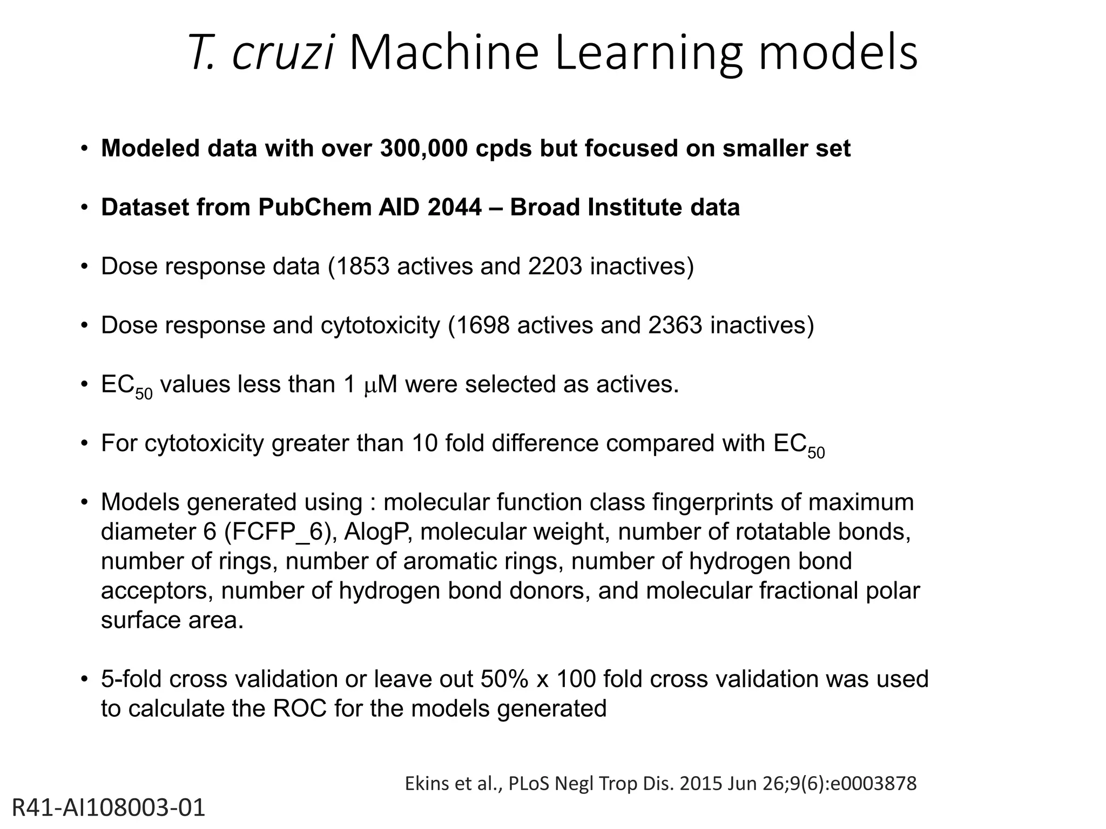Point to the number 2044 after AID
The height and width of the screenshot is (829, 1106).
(x=454, y=207)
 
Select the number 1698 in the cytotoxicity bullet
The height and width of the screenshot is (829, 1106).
(x=483, y=325)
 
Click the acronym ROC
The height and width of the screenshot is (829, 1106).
(x=300, y=709)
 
